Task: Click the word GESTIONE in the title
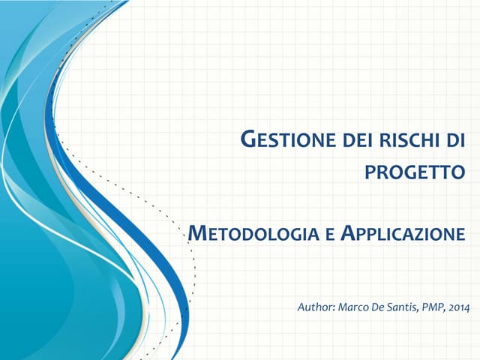[283, 139]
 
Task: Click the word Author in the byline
[316, 307]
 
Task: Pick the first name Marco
[354, 307]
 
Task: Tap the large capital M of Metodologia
[195, 233]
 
